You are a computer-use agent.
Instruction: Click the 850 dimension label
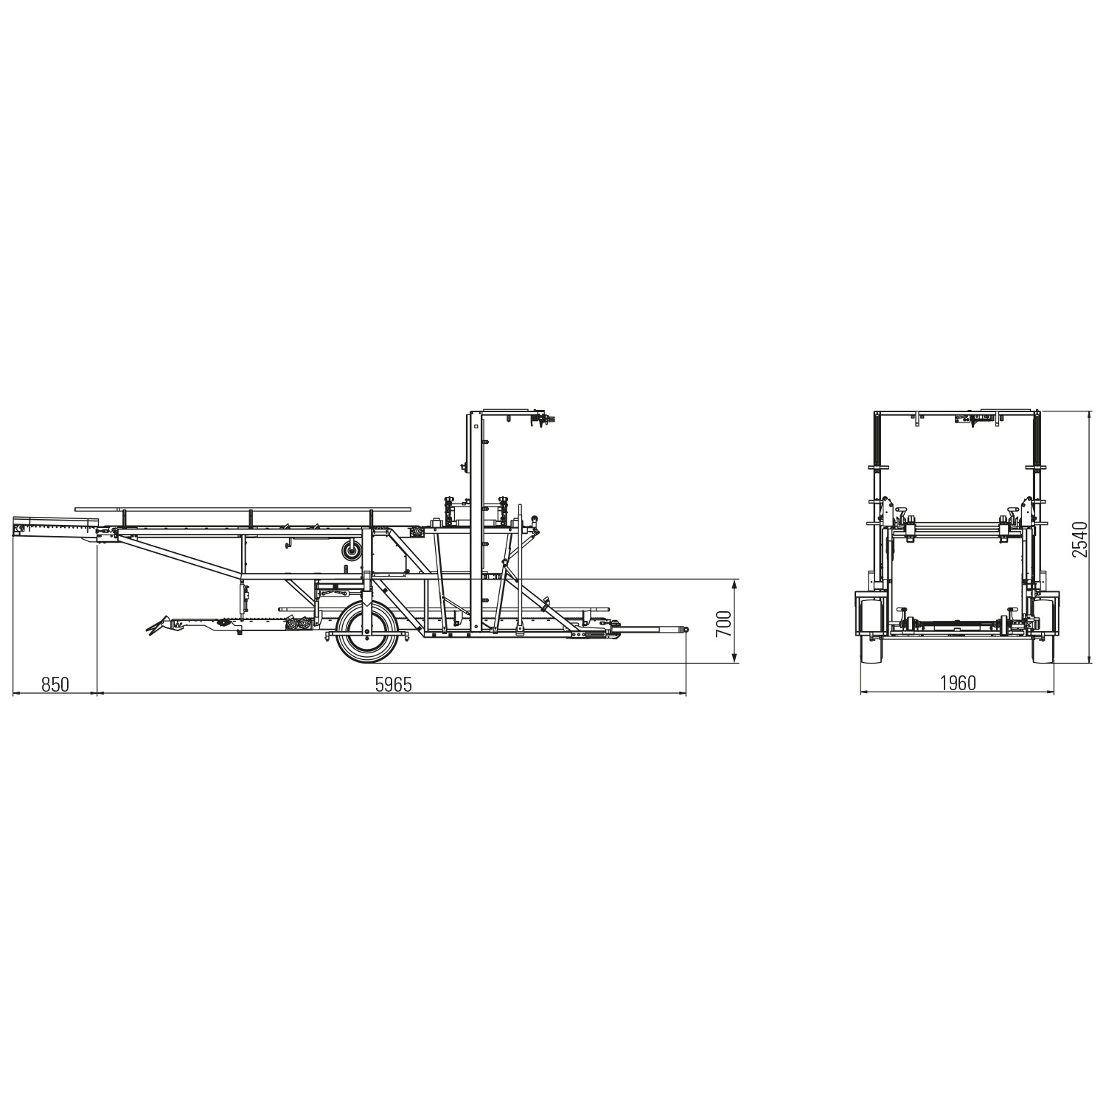point(55,684)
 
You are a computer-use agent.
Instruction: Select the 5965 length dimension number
point(393,684)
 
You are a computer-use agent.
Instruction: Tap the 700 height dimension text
point(723,624)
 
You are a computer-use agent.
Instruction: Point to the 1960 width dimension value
point(958,684)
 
